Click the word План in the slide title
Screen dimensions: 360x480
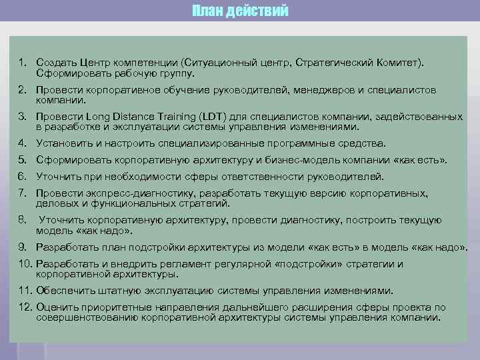207,11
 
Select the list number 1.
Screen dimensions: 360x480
21,62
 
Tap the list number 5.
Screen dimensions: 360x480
22,160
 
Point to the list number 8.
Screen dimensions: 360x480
22,220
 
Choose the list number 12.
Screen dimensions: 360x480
25,307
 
